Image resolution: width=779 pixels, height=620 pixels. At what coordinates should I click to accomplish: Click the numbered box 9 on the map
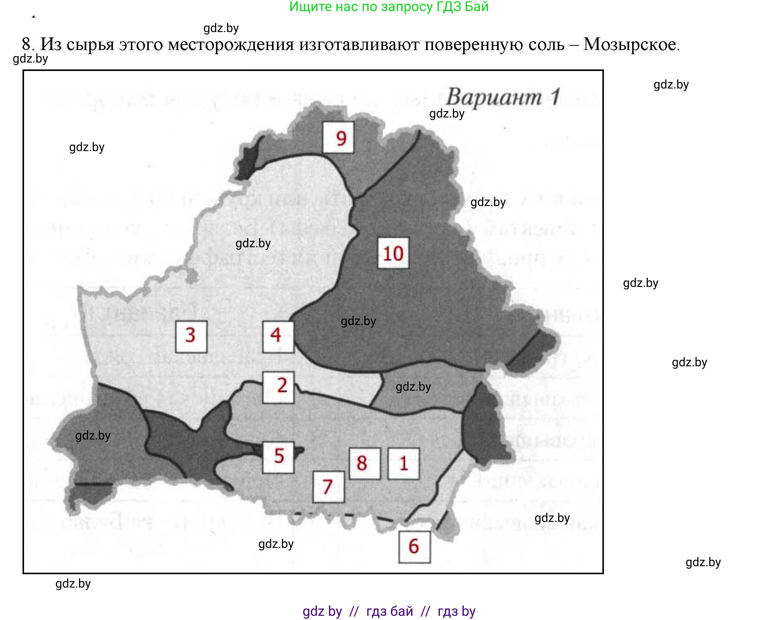pyautogui.click(x=338, y=137)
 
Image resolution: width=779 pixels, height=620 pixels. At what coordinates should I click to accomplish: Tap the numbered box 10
pyautogui.click(x=393, y=253)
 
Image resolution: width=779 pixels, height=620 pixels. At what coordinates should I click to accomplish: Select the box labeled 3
pyautogui.click(x=191, y=336)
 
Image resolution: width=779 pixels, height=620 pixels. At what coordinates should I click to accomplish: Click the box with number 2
pyautogui.click(x=278, y=387)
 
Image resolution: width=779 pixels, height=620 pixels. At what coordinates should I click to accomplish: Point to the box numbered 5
pyautogui.click(x=278, y=457)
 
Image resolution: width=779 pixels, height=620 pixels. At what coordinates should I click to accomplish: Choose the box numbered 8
pyautogui.click(x=365, y=463)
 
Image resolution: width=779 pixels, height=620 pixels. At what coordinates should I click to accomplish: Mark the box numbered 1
pyautogui.click(x=403, y=463)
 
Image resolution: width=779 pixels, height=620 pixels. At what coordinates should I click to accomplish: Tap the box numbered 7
pyautogui.click(x=328, y=486)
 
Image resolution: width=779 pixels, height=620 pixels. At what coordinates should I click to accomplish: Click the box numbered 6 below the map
pyautogui.click(x=414, y=547)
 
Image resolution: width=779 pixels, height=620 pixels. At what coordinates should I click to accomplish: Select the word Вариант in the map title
pyautogui.click(x=494, y=97)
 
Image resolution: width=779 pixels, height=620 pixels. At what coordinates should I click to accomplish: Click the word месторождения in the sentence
pyautogui.click(x=231, y=45)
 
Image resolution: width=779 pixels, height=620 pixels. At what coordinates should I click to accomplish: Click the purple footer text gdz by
pyautogui.click(x=322, y=611)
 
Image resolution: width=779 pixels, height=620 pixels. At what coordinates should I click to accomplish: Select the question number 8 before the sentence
pyautogui.click(x=27, y=45)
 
